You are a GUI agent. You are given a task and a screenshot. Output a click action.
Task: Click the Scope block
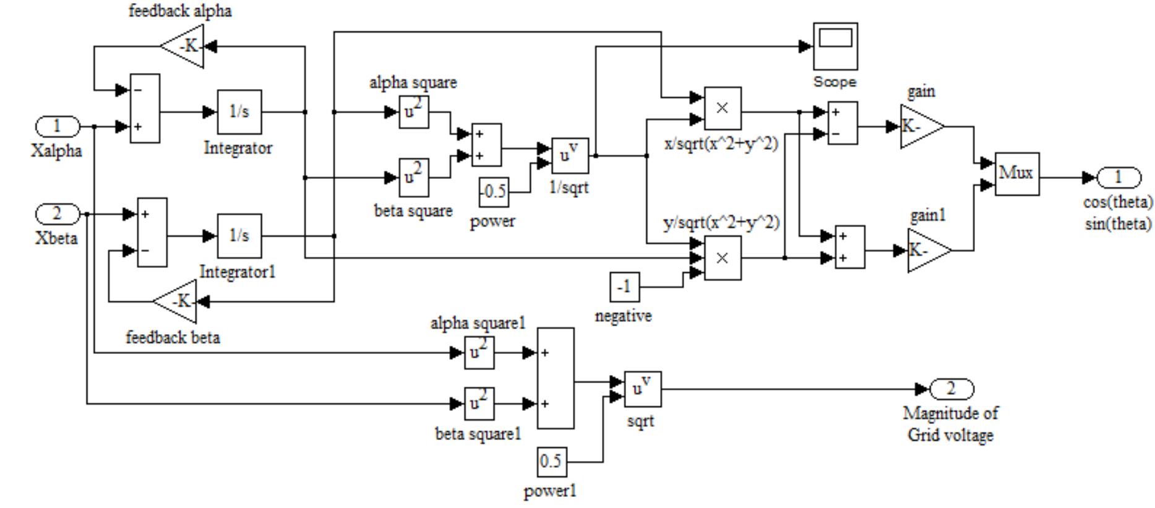835,46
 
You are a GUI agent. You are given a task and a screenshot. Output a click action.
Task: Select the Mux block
1016,174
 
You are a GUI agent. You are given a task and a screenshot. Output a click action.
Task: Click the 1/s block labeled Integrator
239,112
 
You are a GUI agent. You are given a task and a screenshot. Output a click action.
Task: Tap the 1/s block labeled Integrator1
239,236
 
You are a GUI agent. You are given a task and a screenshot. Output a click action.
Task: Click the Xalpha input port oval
57,127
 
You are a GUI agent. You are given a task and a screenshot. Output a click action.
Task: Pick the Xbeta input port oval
57,214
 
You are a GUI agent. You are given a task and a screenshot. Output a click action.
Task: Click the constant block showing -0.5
494,192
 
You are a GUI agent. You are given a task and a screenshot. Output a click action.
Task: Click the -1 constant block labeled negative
625,287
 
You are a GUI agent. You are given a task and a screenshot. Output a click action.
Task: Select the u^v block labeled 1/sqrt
569,155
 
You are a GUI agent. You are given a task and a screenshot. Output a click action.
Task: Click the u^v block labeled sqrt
642,389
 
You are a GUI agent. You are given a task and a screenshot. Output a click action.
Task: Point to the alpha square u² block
413,112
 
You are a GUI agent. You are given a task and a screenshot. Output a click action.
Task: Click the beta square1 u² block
479,403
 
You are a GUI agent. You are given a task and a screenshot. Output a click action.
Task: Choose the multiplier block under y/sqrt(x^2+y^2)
723,258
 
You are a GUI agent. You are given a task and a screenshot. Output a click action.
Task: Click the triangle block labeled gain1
925,251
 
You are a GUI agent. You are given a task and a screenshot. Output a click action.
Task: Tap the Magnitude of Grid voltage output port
951,389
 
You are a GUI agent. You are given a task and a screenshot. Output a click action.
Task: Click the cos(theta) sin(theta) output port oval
1118,178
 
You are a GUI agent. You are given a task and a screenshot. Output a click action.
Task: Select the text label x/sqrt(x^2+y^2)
721,144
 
